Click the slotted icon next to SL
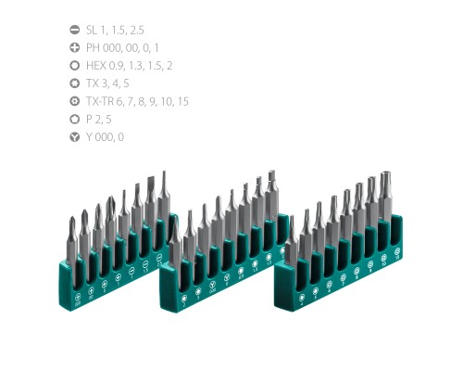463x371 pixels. (75, 30)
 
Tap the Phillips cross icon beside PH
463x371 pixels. (75, 47)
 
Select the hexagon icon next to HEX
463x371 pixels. (75, 66)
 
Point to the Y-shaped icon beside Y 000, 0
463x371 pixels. (75, 137)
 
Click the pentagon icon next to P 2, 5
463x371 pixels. (75, 120)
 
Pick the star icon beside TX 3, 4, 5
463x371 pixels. (75, 83)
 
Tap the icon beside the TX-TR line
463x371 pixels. (75, 101)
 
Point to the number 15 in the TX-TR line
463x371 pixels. (182, 101)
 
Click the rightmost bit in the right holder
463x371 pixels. (385, 199)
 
